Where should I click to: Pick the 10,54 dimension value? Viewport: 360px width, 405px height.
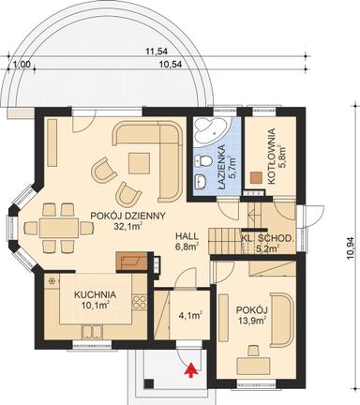pyautogui.click(x=171, y=65)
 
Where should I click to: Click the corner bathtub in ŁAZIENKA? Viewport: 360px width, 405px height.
pyautogui.click(x=207, y=132)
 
